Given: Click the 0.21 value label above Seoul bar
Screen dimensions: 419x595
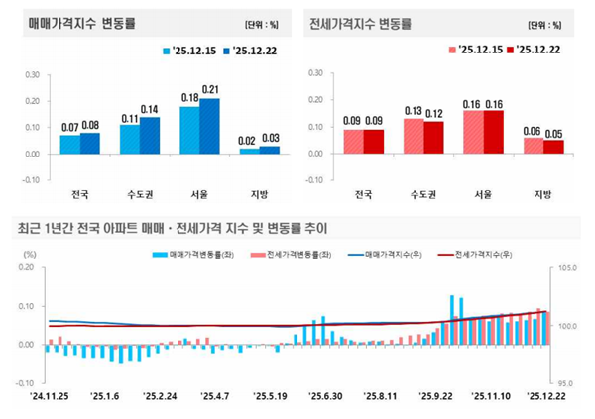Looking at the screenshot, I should tap(210, 89).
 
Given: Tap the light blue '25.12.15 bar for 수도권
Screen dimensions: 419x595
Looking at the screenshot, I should tap(130, 139).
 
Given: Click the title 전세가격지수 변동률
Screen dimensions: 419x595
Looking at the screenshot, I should tap(359, 23).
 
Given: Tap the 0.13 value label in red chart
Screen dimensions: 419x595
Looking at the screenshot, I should tap(414, 110).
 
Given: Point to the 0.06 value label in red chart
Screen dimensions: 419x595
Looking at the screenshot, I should tap(533, 130).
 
